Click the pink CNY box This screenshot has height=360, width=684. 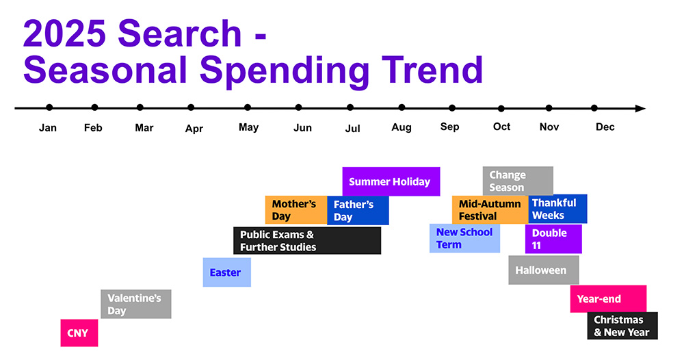point(79,333)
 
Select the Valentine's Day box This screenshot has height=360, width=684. point(135,304)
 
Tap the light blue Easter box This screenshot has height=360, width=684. point(227,272)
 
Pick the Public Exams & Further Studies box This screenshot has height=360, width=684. point(307,240)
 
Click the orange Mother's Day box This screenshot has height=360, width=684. point(296,210)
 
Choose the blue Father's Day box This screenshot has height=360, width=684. point(358,211)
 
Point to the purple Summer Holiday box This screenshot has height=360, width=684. point(391,181)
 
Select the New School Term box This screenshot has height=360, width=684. point(464,238)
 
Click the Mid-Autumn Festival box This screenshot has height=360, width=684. point(490,210)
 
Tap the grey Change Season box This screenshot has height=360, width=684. point(518,181)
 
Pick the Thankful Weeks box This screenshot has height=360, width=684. point(558,209)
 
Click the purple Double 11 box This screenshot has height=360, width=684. point(553,239)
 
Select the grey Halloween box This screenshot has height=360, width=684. point(544,270)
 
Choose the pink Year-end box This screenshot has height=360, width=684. point(609,299)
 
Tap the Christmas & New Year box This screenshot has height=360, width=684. point(622,326)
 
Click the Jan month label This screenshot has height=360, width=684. point(48,128)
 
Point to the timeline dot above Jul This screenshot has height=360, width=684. point(350,107)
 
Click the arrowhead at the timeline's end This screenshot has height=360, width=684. point(640,108)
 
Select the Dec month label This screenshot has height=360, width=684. point(605,127)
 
